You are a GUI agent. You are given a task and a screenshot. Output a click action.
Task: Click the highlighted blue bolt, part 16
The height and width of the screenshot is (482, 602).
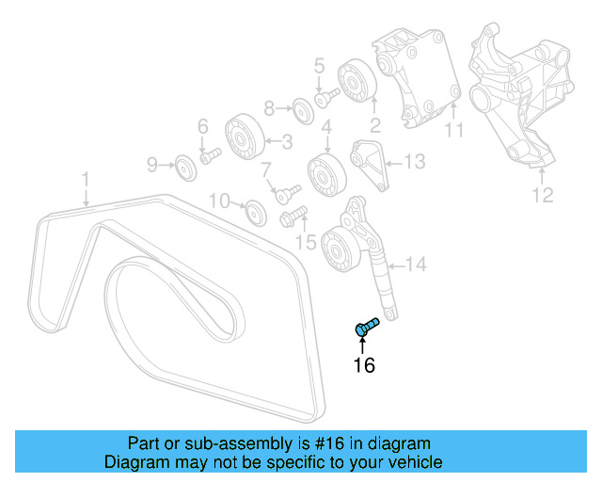[366, 327]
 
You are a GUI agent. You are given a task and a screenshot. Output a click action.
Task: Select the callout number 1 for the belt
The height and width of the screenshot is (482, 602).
[85, 177]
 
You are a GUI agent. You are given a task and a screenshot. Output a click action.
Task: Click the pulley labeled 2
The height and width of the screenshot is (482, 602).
[356, 79]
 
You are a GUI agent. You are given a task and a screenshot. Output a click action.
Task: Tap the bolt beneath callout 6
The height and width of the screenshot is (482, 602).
[209, 153]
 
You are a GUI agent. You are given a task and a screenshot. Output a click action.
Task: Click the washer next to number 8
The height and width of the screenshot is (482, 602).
[301, 108]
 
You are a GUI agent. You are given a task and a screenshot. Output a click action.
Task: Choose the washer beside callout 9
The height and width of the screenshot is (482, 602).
[185, 169]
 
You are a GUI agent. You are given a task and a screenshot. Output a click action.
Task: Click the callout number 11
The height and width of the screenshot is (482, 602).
[455, 131]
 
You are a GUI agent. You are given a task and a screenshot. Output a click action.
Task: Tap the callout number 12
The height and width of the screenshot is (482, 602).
[543, 196]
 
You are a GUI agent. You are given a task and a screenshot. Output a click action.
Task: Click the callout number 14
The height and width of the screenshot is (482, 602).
[415, 265]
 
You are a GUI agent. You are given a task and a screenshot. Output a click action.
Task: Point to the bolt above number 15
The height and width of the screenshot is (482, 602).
[290, 219]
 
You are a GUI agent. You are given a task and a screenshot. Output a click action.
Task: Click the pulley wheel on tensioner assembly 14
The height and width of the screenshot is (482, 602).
[337, 249]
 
